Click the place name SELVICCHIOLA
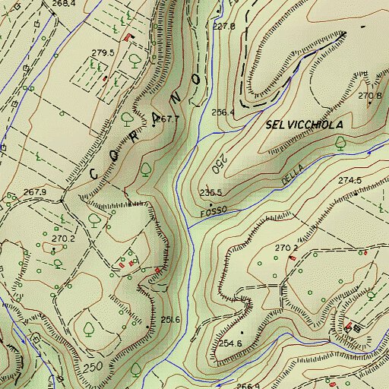(x=305, y=124)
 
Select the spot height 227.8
(x=223, y=27)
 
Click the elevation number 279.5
(x=103, y=52)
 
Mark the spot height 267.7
(x=166, y=119)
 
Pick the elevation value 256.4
(x=223, y=112)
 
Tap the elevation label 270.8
(x=369, y=96)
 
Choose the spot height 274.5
(x=350, y=180)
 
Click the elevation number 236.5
(x=210, y=192)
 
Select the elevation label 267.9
(x=35, y=192)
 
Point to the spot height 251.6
(x=170, y=319)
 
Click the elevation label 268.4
(x=64, y=4)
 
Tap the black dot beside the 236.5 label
(x=210, y=204)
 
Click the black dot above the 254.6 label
(x=242, y=333)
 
